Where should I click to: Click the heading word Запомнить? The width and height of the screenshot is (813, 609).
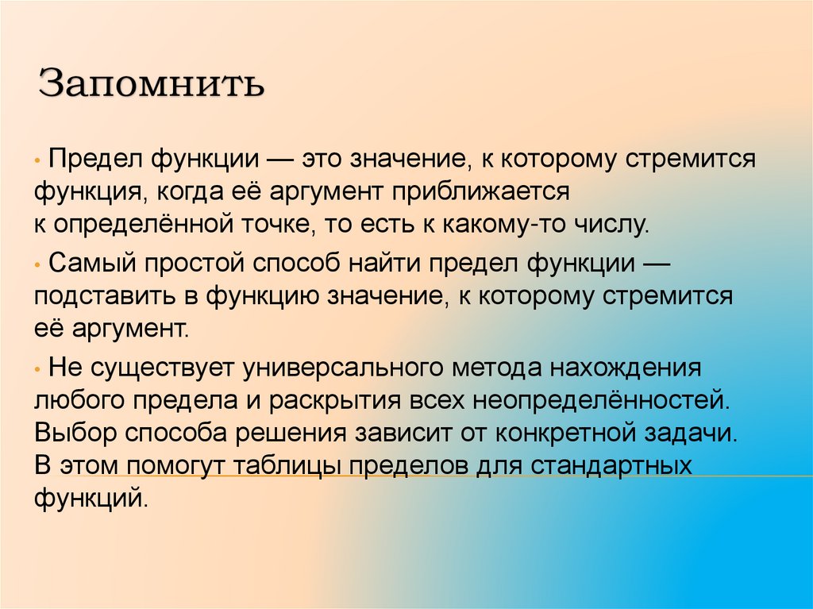click(152, 83)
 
